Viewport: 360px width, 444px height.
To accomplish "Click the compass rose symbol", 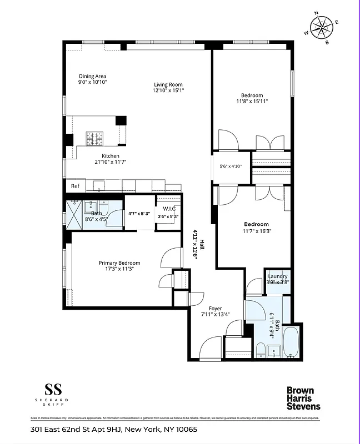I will tap(321, 27).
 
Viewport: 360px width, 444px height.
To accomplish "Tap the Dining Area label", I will tap(92, 76).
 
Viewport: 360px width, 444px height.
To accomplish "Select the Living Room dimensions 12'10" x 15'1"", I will tap(168, 90).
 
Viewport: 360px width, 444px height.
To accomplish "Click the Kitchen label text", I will tap(110, 156).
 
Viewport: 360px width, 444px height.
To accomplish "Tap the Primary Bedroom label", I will tap(119, 263).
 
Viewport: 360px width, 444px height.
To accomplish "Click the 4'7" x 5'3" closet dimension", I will tap(139, 213).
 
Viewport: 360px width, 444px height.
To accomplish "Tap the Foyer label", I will tap(215, 308).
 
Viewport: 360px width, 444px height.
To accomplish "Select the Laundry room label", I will tap(277, 276).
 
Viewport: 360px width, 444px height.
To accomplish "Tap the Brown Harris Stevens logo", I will tap(303, 398).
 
